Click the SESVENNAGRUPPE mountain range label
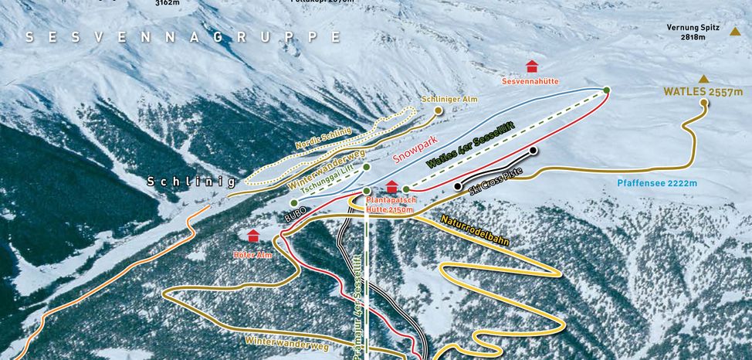coord(183,37)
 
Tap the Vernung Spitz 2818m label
coord(693,32)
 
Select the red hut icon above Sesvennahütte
coord(531,67)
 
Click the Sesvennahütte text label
coord(530,81)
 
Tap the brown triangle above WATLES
coord(703,79)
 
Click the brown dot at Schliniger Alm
coord(439,110)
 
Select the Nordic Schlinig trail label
coord(323,138)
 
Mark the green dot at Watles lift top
coord(607,90)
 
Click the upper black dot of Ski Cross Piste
coord(533,150)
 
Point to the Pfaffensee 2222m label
coord(657,184)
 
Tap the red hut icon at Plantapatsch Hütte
coord(391,187)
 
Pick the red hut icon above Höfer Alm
coord(252,236)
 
